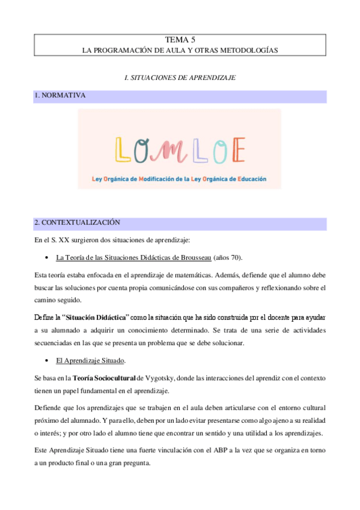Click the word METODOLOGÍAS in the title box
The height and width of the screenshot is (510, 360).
(x=249, y=51)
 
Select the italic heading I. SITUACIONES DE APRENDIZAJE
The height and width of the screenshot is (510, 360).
(x=180, y=78)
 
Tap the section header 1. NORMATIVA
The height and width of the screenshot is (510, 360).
(x=60, y=96)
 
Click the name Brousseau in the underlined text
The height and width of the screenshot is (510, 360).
(x=189, y=258)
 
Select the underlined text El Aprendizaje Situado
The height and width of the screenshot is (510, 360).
(x=90, y=361)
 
